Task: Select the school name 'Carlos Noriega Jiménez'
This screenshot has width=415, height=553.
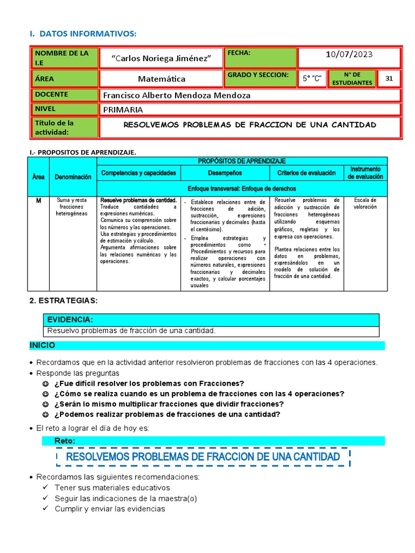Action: pyautogui.click(x=160, y=58)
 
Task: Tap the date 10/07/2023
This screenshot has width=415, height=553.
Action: pyautogui.click(x=349, y=55)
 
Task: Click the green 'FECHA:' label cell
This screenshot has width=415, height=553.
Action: pyautogui.click(x=261, y=58)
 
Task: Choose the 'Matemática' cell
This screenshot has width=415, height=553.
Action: pyautogui.click(x=161, y=79)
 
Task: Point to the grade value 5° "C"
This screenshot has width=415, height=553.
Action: pyautogui.click(x=312, y=79)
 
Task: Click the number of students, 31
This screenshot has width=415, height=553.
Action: pyautogui.click(x=389, y=79)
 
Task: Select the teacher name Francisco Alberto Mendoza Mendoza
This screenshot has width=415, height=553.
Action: pyautogui.click(x=176, y=96)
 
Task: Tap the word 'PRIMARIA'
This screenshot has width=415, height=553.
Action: pyautogui.click(x=123, y=110)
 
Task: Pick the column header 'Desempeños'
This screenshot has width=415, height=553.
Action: pyautogui.click(x=225, y=173)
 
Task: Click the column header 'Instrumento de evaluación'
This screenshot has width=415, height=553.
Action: pyautogui.click(x=365, y=173)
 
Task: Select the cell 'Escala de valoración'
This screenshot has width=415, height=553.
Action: pyautogui.click(x=365, y=204)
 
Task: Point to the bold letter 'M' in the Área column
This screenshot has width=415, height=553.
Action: pyautogui.click(x=38, y=201)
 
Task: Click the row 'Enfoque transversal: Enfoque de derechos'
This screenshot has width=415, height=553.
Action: pyautogui.click(x=242, y=189)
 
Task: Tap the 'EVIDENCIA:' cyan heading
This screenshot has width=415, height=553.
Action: pyautogui.click(x=70, y=320)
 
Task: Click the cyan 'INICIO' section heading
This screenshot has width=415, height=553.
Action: pyautogui.click(x=42, y=345)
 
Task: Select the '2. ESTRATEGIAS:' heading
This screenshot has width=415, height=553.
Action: pyautogui.click(x=63, y=300)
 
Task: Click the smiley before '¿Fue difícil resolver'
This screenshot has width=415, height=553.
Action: pyautogui.click(x=45, y=383)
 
